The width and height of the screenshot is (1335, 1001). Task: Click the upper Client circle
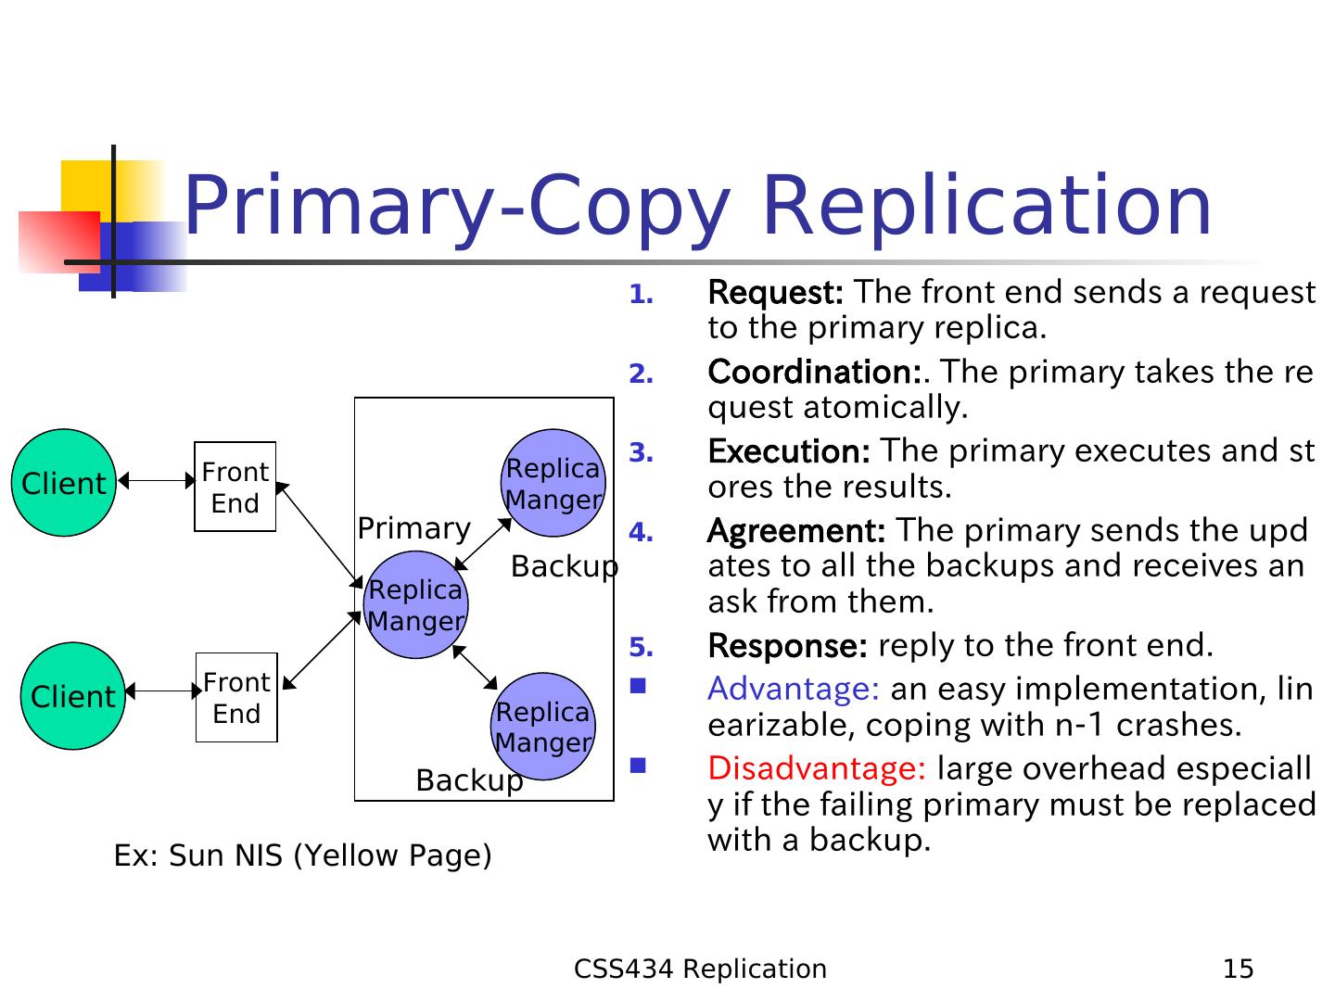tap(63, 483)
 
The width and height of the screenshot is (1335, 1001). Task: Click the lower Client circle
tap(72, 696)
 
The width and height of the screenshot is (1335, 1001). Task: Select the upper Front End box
tap(235, 487)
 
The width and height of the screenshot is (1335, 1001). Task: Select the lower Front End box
tap(236, 698)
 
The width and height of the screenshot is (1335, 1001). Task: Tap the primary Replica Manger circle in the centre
tap(415, 605)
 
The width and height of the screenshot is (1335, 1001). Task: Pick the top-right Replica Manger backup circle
tap(553, 483)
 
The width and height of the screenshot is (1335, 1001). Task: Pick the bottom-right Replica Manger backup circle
tap(543, 727)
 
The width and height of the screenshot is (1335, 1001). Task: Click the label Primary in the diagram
tap(413, 528)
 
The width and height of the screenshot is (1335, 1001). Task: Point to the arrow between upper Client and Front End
tap(157, 481)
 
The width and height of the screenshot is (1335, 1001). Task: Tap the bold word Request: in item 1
tap(775, 293)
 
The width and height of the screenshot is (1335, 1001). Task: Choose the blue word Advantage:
tap(794, 690)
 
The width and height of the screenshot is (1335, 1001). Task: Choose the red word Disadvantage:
tap(817, 769)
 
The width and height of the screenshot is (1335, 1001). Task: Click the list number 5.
tap(641, 647)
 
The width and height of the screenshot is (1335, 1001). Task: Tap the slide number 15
tap(1239, 969)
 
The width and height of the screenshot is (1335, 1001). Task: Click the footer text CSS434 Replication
tap(700, 969)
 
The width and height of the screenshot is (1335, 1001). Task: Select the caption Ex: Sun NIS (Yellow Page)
tap(302, 855)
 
